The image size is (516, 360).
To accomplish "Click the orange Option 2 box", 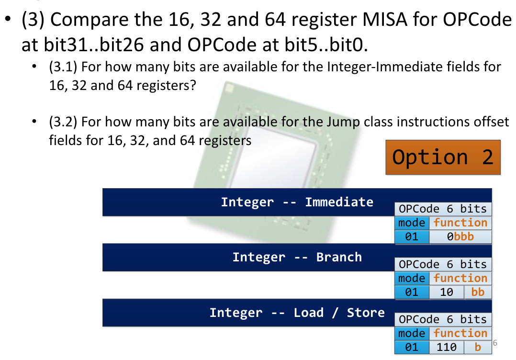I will coord(442,157).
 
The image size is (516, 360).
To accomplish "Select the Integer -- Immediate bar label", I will coord(297,202).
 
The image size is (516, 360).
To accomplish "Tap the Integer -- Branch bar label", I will coord(297,257).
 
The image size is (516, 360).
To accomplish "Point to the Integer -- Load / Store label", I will coord(297,313).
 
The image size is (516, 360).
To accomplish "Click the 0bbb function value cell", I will coord(460,236).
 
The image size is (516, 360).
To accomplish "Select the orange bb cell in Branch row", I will coord(477,292).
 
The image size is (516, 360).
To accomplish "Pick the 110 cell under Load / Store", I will coord(446,347).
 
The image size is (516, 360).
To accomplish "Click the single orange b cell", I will coord(477,347).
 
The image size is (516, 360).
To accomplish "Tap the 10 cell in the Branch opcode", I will coord(446,292).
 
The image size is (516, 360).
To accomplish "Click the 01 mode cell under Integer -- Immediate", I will coord(412,236).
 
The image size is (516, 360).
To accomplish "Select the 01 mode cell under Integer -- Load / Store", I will coord(412,347).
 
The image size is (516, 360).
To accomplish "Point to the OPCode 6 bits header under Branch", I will coord(443,264).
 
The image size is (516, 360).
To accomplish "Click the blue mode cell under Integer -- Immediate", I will coord(412,223).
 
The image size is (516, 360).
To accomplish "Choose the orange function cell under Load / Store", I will coord(460,333).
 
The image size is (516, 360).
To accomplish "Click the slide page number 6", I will coord(495,343).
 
